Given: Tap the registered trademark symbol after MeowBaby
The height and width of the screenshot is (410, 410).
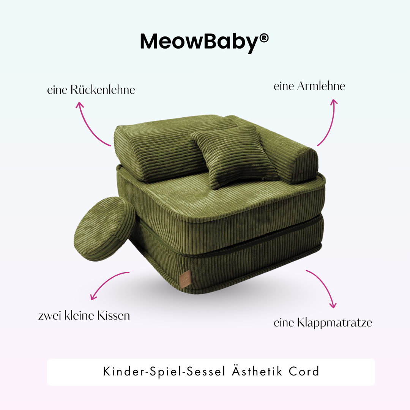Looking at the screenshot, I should coord(264,38).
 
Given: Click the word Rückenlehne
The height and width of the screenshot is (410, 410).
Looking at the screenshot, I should coord(102,90).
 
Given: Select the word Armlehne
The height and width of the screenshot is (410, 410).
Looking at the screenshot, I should coord(321,86).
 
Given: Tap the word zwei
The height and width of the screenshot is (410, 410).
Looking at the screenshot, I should coord(50,315).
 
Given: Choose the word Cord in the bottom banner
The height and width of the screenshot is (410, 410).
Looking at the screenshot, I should coord(304,372).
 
